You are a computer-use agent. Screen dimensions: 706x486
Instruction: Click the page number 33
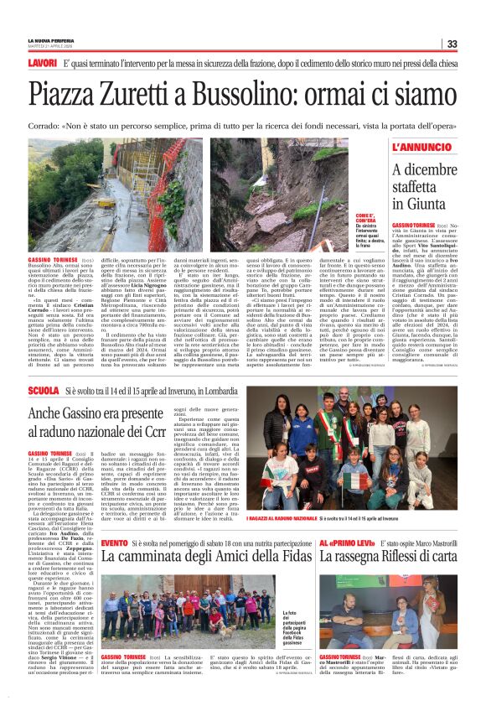[451, 44]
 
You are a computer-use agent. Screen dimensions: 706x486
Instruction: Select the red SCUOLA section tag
[44, 392]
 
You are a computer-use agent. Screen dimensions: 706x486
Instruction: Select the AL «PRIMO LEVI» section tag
[342, 521]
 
